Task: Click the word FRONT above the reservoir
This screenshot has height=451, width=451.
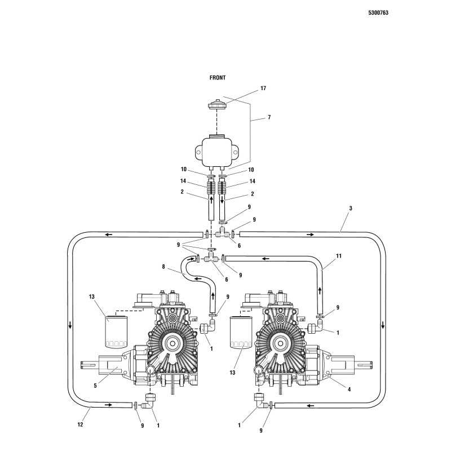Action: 218,78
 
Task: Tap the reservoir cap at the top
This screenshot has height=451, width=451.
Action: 217,105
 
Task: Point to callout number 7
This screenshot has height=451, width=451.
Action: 269,117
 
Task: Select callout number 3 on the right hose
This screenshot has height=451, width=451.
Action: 350,209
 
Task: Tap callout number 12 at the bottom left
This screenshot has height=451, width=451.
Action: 81,425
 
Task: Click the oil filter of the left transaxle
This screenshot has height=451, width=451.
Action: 116,333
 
